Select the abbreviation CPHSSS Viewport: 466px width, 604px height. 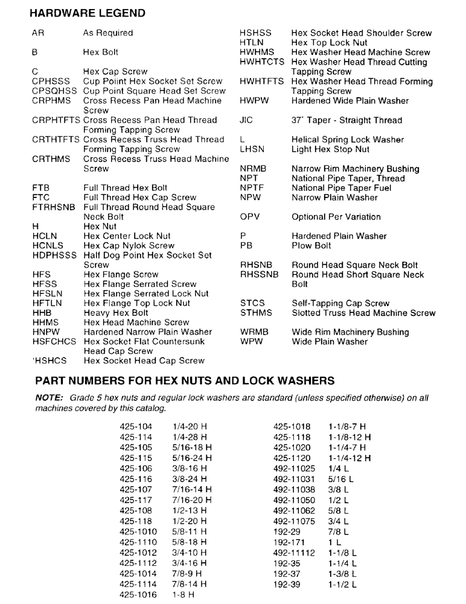point(51,81)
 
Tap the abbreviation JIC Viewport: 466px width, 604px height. point(246,120)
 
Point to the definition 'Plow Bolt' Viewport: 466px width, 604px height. point(311,246)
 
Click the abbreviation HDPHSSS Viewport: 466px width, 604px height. point(55,255)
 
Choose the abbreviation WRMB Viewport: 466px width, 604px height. point(254,332)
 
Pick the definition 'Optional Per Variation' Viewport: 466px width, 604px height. point(336,217)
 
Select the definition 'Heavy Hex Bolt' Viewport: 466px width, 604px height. point(116,313)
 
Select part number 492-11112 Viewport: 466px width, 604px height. point(294,553)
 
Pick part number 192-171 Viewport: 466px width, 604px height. point(288,542)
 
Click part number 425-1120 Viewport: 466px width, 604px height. point(292,458)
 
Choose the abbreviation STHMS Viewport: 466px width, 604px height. point(256,313)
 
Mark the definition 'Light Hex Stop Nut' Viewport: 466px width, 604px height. point(330,149)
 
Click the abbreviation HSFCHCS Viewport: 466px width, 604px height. point(54,342)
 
